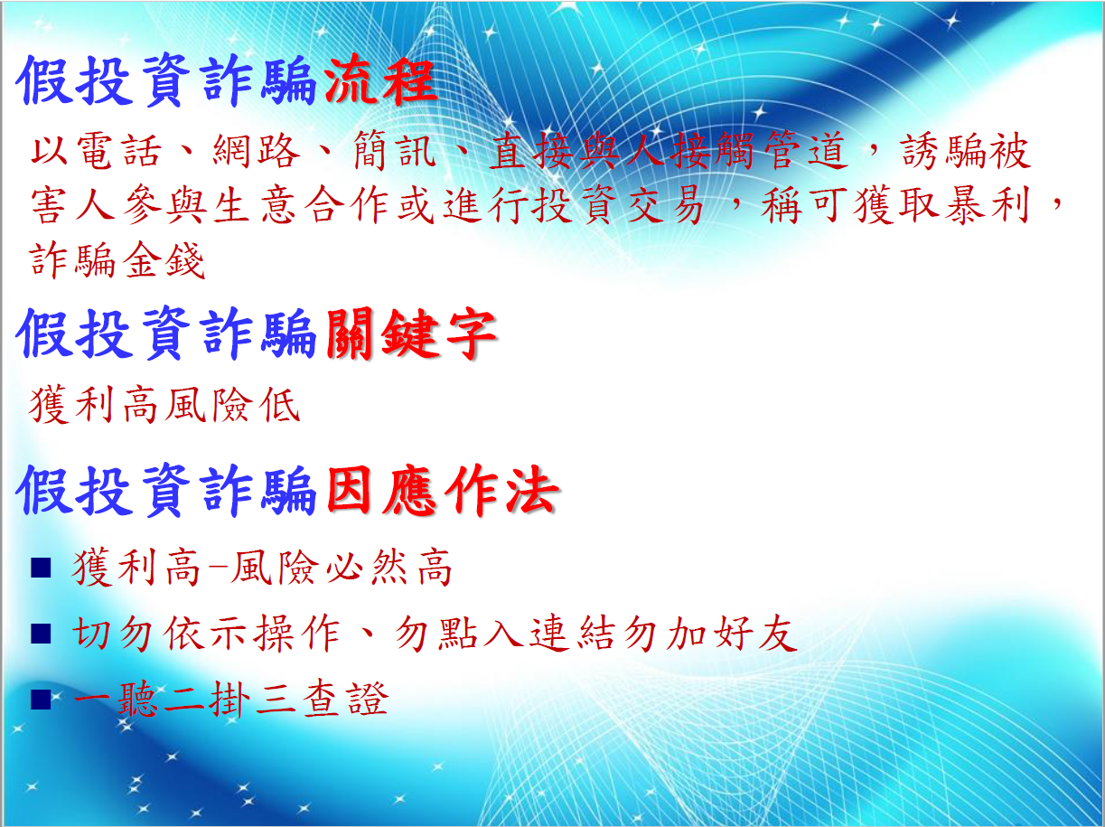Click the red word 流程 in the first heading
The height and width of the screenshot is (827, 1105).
pyautogui.click(x=380, y=80)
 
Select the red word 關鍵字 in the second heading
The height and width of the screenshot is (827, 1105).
pyautogui.click(x=411, y=334)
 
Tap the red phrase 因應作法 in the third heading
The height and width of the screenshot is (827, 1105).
pyautogui.click(x=443, y=490)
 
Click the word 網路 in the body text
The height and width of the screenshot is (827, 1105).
pyautogui.click(x=256, y=151)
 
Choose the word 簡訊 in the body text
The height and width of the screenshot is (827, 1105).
pyautogui.click(x=394, y=151)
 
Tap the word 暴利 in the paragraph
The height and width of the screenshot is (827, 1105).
pyautogui.click(x=988, y=205)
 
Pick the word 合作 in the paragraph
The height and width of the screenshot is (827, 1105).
pyautogui.click(x=347, y=205)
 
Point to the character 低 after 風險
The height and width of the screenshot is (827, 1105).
pyautogui.click(x=280, y=405)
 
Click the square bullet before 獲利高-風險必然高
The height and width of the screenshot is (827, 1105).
pyautogui.click(x=41, y=568)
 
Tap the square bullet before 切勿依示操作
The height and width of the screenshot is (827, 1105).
pyautogui.click(x=41, y=634)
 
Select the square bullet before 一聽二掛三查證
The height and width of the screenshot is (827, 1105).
pyautogui.click(x=41, y=700)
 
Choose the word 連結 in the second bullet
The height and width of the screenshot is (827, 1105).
pyautogui.click(x=571, y=634)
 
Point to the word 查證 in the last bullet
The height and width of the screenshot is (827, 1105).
pyautogui.click(x=345, y=700)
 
